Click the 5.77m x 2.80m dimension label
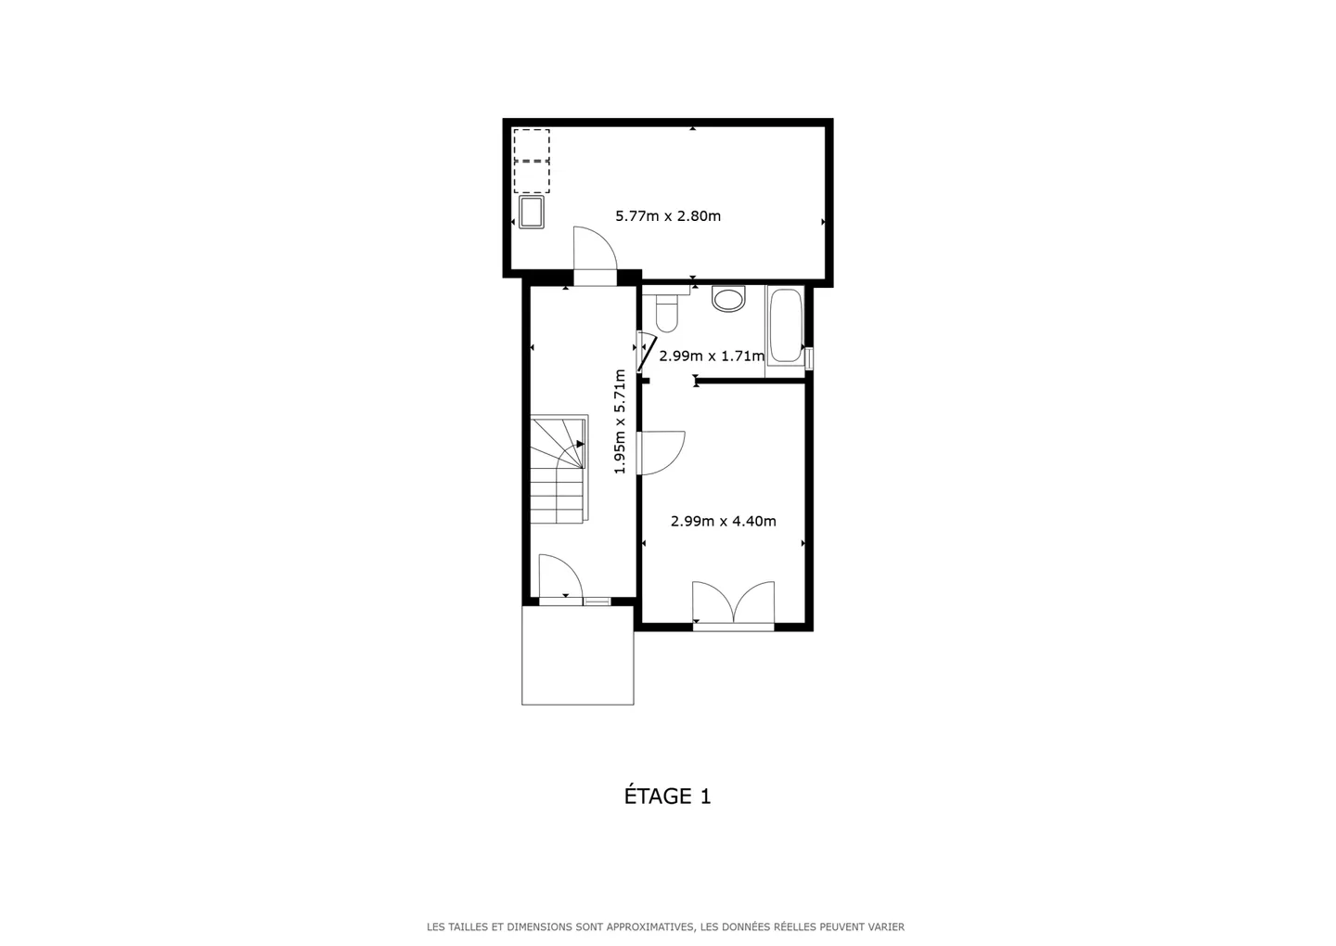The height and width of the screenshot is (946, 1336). [668, 216]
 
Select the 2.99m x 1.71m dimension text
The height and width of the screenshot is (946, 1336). [712, 356]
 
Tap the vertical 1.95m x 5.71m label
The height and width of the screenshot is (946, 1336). [621, 421]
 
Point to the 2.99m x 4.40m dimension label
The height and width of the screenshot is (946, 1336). [724, 522]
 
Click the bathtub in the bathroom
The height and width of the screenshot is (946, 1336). [785, 326]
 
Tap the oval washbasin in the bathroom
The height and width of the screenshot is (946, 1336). [729, 299]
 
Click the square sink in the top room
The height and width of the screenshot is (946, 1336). [532, 212]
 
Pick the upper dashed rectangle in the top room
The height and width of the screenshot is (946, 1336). [532, 145]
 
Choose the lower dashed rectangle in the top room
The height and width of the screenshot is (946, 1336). [532, 176]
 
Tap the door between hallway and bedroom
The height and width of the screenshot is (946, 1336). [661, 453]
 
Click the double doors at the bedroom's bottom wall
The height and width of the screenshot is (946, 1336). [733, 605]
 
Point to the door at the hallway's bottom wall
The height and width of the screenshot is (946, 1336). [559, 579]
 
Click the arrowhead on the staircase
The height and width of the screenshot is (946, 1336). [580, 444]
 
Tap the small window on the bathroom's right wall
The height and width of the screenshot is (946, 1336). [809, 357]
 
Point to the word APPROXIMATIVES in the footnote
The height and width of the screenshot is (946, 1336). [655, 927]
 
